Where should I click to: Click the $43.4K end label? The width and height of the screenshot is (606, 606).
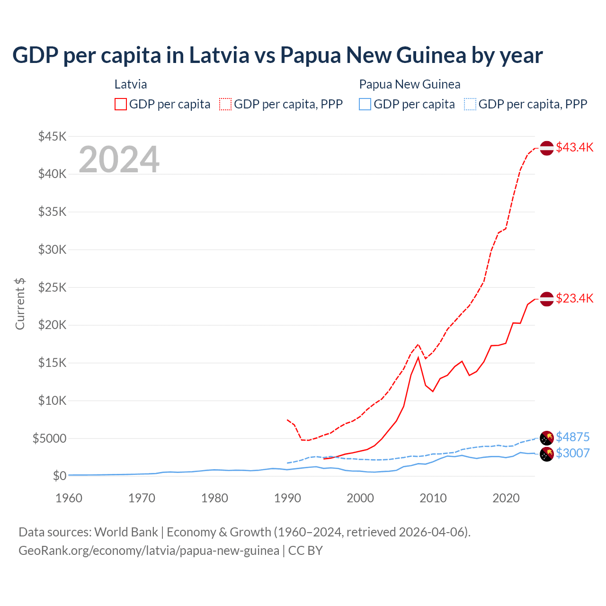574,147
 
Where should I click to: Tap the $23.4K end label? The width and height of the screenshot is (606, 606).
574,298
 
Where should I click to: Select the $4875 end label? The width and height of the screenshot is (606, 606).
572,437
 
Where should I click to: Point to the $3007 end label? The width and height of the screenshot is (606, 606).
572,453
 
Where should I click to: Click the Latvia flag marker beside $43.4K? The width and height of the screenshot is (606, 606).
547,148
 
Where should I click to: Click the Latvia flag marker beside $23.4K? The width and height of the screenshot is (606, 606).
547,299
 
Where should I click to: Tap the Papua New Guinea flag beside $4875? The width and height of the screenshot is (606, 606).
547,437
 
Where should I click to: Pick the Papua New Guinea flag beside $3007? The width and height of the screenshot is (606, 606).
547,454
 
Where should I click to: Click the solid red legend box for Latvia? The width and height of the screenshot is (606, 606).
121,104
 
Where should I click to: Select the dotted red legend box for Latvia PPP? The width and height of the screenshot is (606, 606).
225,104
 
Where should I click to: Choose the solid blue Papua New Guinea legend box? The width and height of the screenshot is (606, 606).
365,104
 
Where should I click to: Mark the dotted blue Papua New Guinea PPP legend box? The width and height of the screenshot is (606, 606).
470,104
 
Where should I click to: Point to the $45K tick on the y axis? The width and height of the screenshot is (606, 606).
53,136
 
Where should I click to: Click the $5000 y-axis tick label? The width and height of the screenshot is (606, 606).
49,438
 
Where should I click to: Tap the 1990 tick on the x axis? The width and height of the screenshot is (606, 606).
287,498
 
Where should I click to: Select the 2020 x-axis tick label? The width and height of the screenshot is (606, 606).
506,498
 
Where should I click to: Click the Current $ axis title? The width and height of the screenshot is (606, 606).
20,303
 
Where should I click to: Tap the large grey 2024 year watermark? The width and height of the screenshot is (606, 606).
119,160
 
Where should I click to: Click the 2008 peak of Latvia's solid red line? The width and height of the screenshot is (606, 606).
418,357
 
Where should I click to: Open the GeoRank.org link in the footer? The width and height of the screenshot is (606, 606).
149,551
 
